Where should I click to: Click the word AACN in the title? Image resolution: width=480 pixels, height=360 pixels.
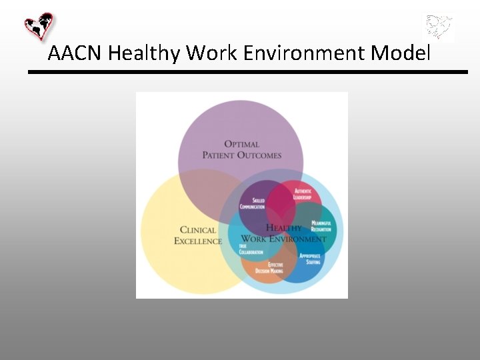click(75, 53)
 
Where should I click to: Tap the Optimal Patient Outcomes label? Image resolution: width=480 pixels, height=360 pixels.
click(242, 150)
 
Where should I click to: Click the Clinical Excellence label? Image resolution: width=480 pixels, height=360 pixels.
click(198, 235)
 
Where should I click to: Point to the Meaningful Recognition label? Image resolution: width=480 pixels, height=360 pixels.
click(321, 226)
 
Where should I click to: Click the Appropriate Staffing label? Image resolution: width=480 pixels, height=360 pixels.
click(310, 259)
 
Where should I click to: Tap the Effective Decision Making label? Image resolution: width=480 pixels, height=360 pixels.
click(270, 268)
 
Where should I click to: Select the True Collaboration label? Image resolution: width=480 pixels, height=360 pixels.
click(251, 248)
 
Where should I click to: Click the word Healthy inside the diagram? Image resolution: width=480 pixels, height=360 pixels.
click(284, 227)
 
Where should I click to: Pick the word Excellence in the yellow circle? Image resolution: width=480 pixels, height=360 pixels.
click(198, 241)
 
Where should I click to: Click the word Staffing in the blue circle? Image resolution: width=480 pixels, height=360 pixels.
click(313, 262)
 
